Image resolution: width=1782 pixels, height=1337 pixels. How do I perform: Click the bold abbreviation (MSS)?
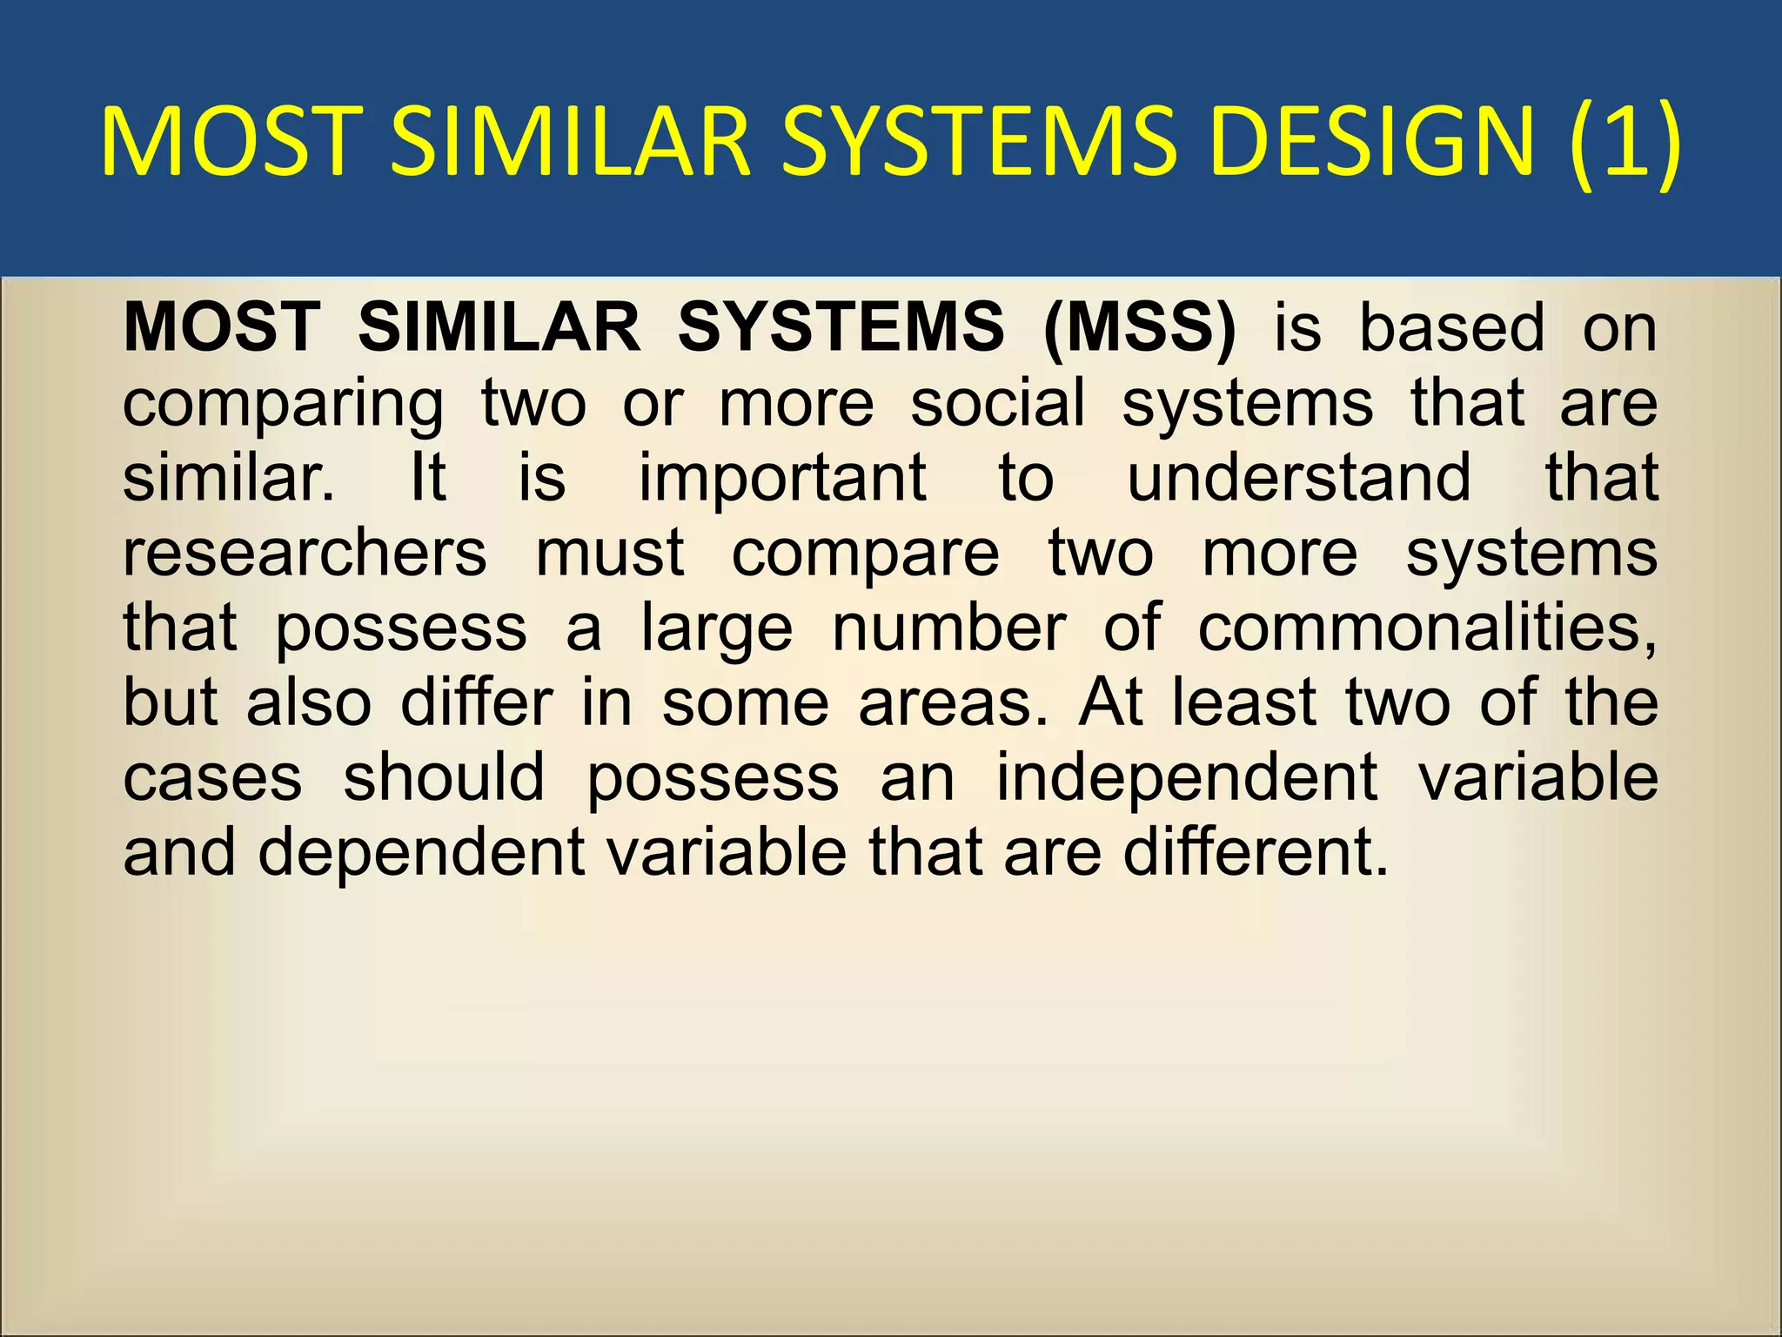click(x=1140, y=327)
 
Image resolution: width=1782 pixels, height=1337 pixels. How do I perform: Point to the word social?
click(x=998, y=403)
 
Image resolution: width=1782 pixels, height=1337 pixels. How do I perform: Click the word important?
click(x=783, y=479)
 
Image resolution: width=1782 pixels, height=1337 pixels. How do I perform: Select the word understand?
click(x=1299, y=478)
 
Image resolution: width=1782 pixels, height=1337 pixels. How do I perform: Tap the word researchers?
click(x=305, y=554)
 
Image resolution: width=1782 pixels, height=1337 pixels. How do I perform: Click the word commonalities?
click(x=1427, y=628)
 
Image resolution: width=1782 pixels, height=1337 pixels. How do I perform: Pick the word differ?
click(x=476, y=702)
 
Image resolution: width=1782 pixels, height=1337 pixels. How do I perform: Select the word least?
click(x=1244, y=702)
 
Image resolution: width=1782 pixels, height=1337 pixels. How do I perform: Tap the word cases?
click(x=212, y=778)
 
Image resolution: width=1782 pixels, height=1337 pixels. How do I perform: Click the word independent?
click(x=1187, y=778)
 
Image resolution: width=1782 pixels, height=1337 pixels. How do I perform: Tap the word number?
click(x=948, y=628)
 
